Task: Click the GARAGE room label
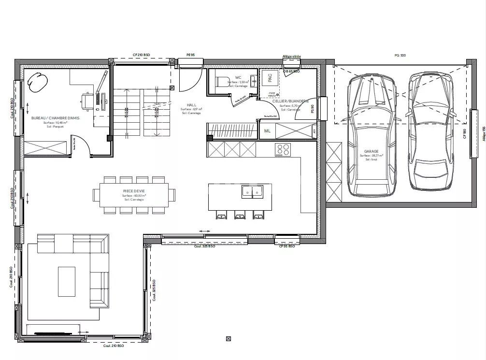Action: pos(371,151)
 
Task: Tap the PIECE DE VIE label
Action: pos(134,191)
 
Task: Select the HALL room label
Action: pos(191,105)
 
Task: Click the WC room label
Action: pos(238,77)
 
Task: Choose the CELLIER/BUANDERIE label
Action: pos(290,101)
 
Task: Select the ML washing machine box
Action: pos(267,131)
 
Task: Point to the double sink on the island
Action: pos(252,192)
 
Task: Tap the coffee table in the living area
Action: pos(67,282)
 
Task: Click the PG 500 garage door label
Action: pos(400,56)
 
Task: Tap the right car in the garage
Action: pos(431,130)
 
